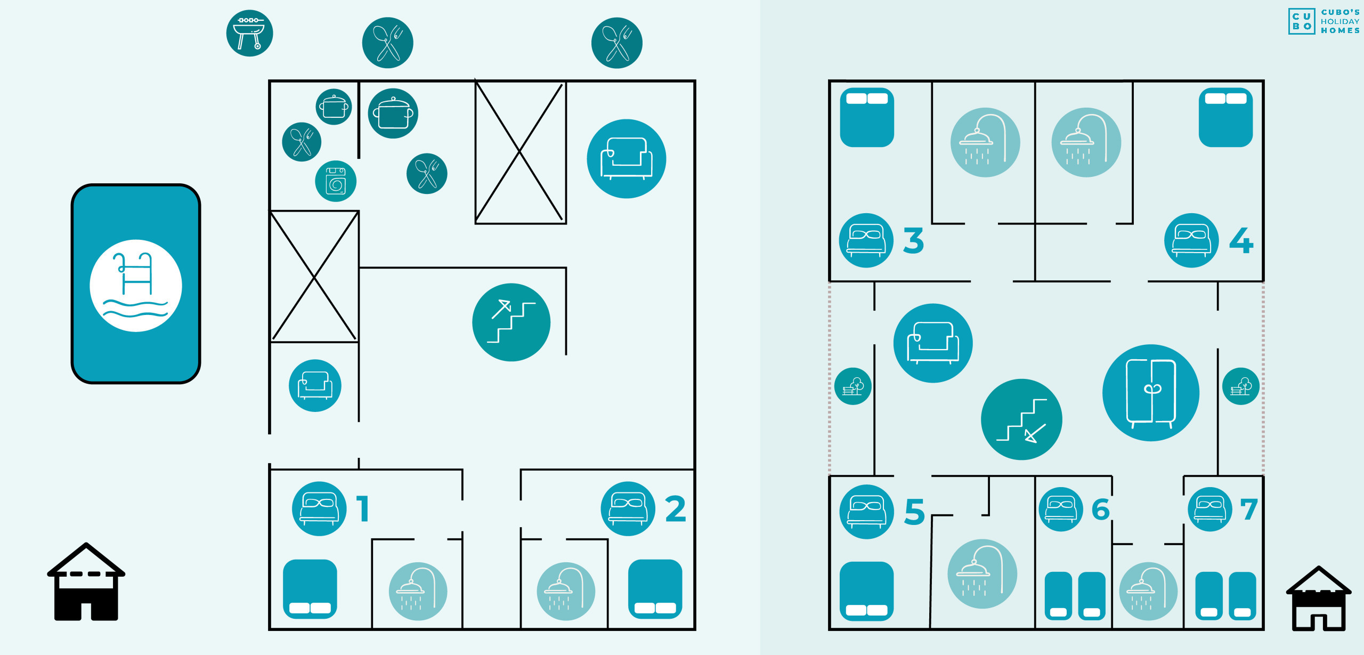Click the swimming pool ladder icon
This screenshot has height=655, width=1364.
pos(135,285)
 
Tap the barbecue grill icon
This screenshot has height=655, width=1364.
pos(249,33)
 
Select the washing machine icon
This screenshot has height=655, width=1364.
pos(336,181)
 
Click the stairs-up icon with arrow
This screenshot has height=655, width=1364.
pos(511,322)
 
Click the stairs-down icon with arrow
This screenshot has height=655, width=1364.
pos(1021,419)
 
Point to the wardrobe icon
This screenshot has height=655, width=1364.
pos(1150,393)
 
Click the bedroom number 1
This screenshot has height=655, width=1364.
pos(363,509)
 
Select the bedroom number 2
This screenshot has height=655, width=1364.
pos(675,509)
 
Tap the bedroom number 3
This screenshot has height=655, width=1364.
pos(913,240)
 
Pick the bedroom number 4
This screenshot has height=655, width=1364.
pos(1241,240)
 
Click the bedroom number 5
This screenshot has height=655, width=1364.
pos(914,512)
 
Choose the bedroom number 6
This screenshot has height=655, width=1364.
pos(1101,510)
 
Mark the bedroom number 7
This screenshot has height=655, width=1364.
pos(1249,510)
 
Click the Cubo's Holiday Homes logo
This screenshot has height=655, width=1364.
pos(1324,21)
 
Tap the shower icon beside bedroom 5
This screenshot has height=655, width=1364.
pos(982,573)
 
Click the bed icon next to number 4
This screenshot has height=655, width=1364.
pos(1191,240)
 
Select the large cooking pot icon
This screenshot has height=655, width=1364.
pos(393,114)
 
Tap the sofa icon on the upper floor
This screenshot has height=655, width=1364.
pos(932,343)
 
